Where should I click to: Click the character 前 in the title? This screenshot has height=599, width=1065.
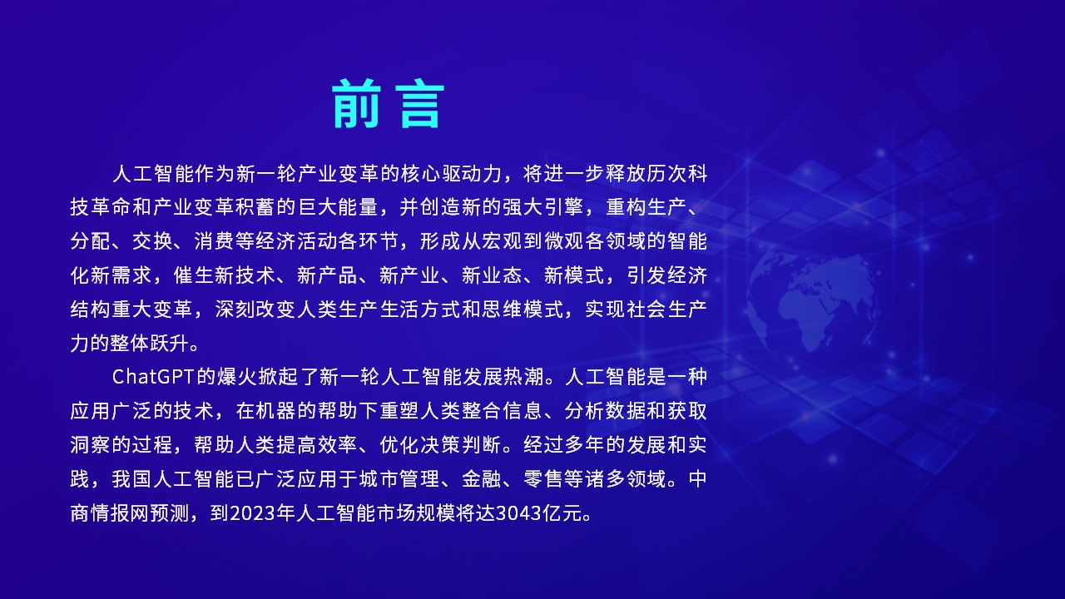356,104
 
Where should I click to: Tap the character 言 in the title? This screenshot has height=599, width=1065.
420,104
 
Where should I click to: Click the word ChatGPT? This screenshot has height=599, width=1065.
153,377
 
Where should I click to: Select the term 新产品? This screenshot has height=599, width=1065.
327,275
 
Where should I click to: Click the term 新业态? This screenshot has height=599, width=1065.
492,275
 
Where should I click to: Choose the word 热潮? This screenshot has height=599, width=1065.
523,377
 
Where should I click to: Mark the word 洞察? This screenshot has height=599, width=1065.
90,445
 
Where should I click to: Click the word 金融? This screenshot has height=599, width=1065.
481,479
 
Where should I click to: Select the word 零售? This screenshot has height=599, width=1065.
543,479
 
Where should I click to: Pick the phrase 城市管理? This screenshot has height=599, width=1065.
399,479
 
